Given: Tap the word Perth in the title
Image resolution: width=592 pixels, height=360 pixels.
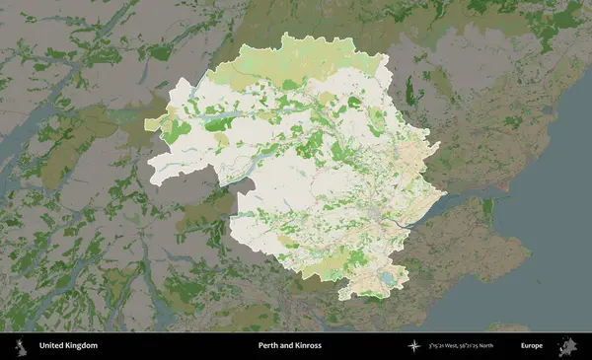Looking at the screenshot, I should tap(268, 346).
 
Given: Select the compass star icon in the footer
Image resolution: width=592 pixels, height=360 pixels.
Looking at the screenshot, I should tap(413, 346).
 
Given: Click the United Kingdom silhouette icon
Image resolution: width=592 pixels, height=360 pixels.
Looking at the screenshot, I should tap(19, 346).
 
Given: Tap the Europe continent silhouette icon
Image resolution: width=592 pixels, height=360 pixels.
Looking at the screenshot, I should tap(568, 346).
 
